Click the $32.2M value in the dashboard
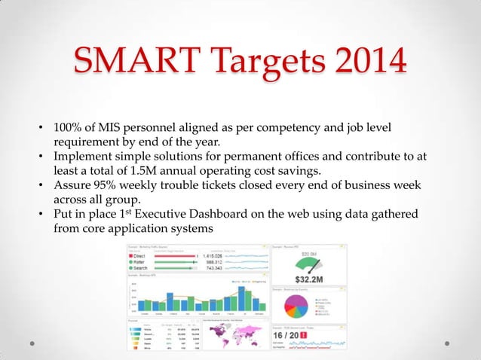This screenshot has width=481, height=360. click(x=310, y=276)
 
